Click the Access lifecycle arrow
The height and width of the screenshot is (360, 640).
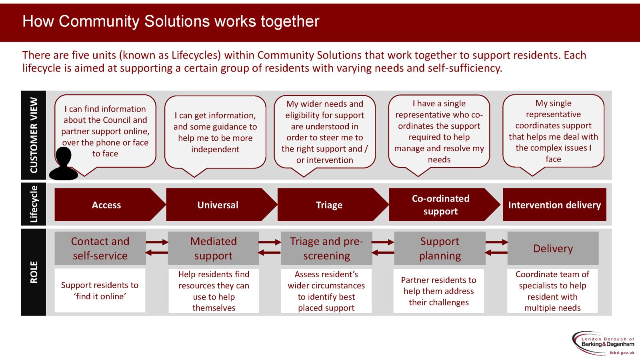pyautogui.click(x=106, y=205)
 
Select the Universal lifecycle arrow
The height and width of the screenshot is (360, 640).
pyautogui.click(x=218, y=205)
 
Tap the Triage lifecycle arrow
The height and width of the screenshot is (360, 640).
pyautogui.click(x=329, y=205)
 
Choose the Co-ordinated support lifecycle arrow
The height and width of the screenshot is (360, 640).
pyautogui.click(x=440, y=205)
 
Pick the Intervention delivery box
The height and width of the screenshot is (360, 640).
pyautogui.click(x=554, y=205)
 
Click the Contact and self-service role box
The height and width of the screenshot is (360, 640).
pyautogui.click(x=100, y=248)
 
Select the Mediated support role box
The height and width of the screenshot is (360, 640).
pyautogui.click(x=213, y=248)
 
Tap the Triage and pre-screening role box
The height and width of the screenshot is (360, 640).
pyautogui.click(x=326, y=248)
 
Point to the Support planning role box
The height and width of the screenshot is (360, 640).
pyautogui.click(x=440, y=248)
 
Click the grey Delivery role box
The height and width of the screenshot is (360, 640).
pyautogui.click(x=553, y=248)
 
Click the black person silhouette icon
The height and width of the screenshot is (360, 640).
pyautogui.click(x=63, y=164)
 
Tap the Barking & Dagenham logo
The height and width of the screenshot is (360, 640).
pyautogui.click(x=604, y=343)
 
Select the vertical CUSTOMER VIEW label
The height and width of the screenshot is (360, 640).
pyautogui.click(x=34, y=135)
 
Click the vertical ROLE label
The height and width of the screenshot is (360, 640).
pyautogui.click(x=34, y=272)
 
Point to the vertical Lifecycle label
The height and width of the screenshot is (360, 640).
pyautogui.click(x=34, y=204)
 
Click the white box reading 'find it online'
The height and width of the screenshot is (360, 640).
pyautogui.click(x=100, y=290)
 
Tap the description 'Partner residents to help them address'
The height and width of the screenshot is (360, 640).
pyautogui.click(x=439, y=291)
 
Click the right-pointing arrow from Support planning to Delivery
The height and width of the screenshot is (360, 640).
pyautogui.click(x=496, y=242)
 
